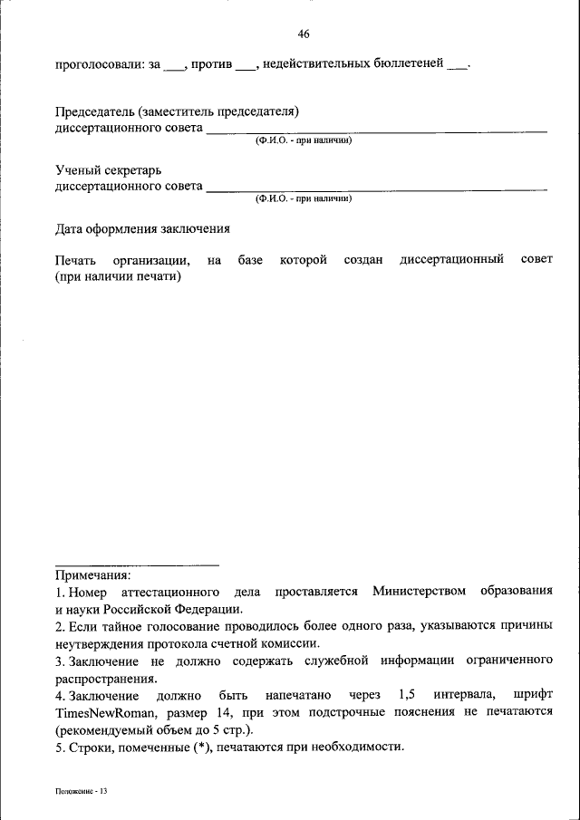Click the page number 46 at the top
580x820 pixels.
tap(304, 34)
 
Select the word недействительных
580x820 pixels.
tap(314, 64)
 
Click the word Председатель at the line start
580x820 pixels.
tap(94, 112)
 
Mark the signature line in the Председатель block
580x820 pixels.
tap(376, 132)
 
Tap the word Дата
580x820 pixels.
tap(71, 229)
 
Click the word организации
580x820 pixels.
tap(151, 261)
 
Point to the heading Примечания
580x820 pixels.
tap(93, 574)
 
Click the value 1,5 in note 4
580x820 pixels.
tap(407, 695)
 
